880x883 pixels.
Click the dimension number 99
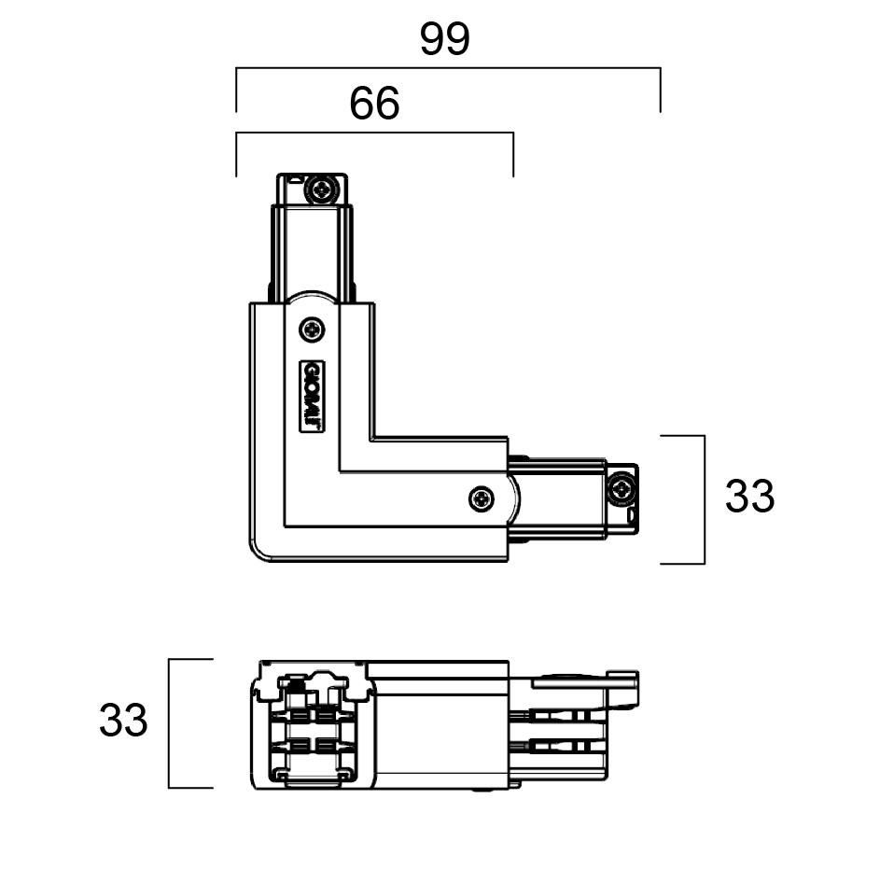pyautogui.click(x=445, y=39)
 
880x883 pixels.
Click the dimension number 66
pyautogui.click(x=374, y=103)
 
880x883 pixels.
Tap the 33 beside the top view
pyautogui.click(x=749, y=497)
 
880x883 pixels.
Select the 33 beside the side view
pyautogui.click(x=123, y=721)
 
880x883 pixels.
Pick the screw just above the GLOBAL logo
pyautogui.click(x=312, y=329)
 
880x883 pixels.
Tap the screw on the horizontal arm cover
pyautogui.click(x=482, y=498)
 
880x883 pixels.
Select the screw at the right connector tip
pyautogui.click(x=622, y=488)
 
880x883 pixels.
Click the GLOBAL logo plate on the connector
pyautogui.click(x=312, y=397)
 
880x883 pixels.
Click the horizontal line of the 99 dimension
pyautogui.click(x=448, y=68)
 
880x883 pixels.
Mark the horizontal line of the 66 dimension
pyautogui.click(x=374, y=133)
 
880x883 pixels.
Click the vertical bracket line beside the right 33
pyautogui.click(x=705, y=499)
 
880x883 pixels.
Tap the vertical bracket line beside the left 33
pyautogui.click(x=169, y=723)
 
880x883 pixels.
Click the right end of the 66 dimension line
pyautogui.click(x=513, y=133)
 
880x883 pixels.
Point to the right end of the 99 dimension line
pyautogui.click(x=661, y=68)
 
